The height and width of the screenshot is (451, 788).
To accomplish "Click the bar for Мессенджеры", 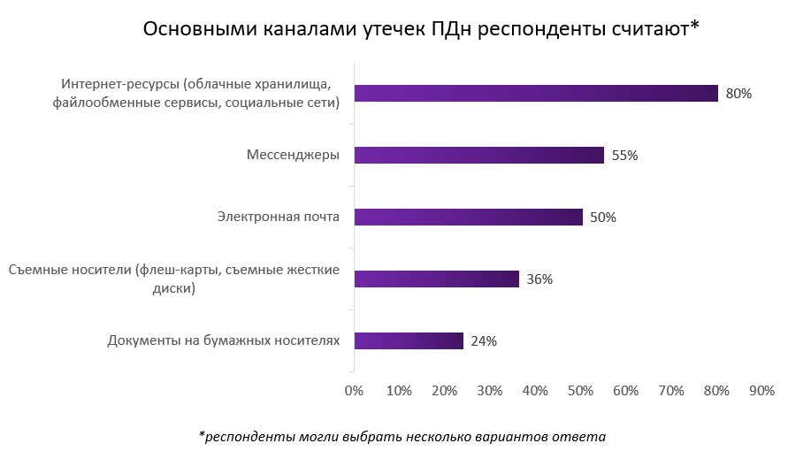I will (478, 155).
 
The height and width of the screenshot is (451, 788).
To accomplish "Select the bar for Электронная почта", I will (468, 217).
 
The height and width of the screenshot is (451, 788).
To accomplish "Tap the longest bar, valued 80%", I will (536, 93).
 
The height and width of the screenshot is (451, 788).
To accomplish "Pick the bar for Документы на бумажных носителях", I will (409, 340).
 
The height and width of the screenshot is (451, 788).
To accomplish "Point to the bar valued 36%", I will (436, 279).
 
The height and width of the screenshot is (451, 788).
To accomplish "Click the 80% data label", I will (738, 93).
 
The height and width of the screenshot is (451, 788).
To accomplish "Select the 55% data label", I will (624, 155).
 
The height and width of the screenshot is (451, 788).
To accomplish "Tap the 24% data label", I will (484, 340).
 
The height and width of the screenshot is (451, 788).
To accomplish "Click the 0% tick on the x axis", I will (354, 390).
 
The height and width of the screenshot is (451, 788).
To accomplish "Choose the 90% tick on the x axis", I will (761, 390).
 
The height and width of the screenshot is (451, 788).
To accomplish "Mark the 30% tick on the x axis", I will (490, 390).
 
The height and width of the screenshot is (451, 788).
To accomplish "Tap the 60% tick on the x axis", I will (625, 390).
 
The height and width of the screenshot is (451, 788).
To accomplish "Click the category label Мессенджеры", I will (293, 155).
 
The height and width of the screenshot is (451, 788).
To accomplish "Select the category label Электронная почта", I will (279, 217).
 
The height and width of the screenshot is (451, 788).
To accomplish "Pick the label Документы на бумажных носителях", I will (223, 340).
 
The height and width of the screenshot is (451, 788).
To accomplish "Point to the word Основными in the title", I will (195, 29).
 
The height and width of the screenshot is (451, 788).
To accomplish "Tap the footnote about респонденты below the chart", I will (402, 436).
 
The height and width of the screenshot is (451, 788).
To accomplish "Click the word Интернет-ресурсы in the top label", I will (119, 85).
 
